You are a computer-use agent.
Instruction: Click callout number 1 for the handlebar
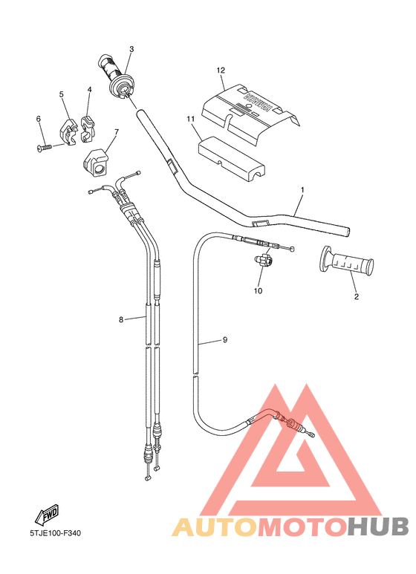(302, 190)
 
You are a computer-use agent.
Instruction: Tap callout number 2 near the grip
(356, 296)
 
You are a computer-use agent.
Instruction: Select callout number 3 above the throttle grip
(131, 50)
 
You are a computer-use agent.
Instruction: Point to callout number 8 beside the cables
(120, 321)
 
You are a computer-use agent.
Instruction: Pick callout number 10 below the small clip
(259, 290)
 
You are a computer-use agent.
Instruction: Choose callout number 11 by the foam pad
(191, 119)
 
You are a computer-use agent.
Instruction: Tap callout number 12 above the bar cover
(221, 71)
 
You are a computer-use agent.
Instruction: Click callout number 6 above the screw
(38, 119)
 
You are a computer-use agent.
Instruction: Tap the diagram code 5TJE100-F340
(56, 533)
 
